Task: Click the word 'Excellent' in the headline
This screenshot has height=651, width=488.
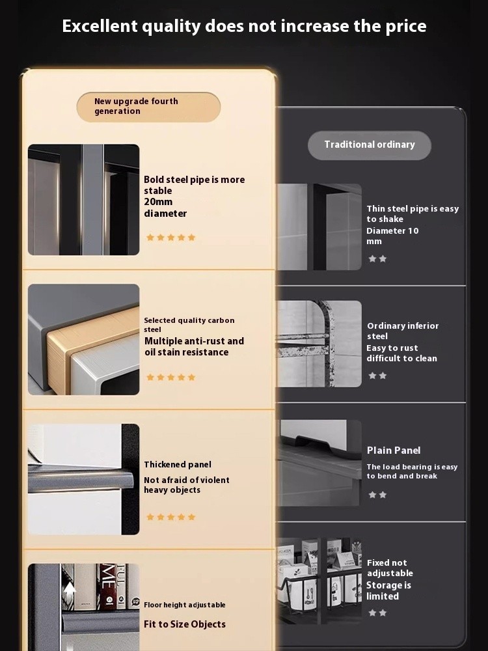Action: click(x=100, y=26)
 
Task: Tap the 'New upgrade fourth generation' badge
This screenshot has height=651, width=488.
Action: click(x=148, y=107)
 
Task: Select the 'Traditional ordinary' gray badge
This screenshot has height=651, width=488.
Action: click(x=370, y=145)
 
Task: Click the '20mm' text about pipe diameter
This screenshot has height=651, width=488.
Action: click(x=158, y=202)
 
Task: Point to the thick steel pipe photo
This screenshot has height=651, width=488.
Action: click(x=83, y=200)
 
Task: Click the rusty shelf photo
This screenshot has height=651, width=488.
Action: click(x=319, y=344)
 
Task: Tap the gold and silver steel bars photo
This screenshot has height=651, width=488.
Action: click(x=83, y=339)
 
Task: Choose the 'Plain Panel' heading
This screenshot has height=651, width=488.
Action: click(x=394, y=450)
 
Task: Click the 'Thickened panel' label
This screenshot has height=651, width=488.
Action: click(x=178, y=465)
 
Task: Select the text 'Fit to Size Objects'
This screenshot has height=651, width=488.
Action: click(x=185, y=624)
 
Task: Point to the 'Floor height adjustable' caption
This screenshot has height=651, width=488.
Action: click(x=185, y=605)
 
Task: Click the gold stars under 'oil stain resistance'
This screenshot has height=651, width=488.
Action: click(x=170, y=377)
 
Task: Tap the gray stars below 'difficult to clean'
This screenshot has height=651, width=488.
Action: click(x=377, y=376)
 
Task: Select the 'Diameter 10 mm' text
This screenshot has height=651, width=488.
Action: click(x=392, y=236)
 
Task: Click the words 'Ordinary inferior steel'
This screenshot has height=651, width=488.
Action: click(x=403, y=331)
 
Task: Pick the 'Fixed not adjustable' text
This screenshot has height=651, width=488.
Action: click(x=390, y=568)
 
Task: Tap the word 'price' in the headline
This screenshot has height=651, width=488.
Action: click(x=406, y=27)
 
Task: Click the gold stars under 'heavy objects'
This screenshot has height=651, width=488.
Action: click(x=170, y=517)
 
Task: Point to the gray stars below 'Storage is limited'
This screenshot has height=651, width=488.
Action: click(x=377, y=613)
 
